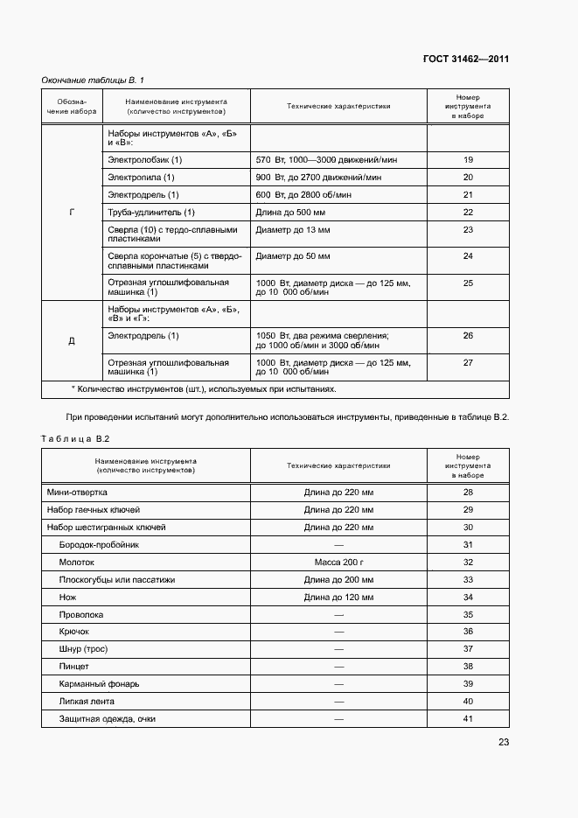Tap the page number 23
click(504, 742)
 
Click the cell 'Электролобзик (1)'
click(144, 159)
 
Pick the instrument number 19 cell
click(468, 159)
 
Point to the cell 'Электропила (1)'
click(141, 177)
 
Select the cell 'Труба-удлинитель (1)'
click(150, 213)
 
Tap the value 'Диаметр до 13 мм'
click(293, 230)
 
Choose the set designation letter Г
click(72, 212)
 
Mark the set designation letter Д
click(72, 340)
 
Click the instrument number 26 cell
click(468, 335)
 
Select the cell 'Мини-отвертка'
click(77, 492)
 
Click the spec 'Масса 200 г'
click(338, 562)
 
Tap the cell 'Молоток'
click(76, 562)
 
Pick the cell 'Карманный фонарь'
click(99, 683)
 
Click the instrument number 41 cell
click(468, 718)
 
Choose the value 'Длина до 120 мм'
click(338, 597)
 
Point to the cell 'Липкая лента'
click(86, 701)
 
